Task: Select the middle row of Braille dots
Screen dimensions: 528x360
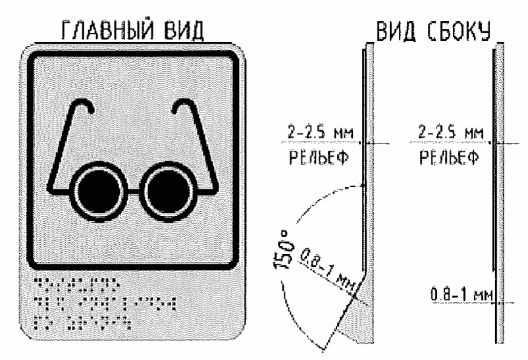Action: click(106, 304)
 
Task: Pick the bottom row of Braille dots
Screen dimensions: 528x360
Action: click(82, 322)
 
